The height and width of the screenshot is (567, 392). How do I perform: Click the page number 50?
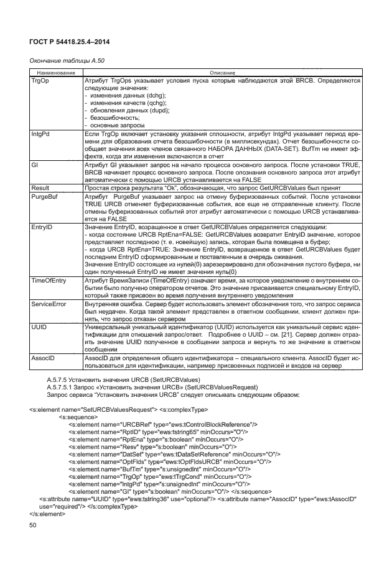click(x=34, y=527)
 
